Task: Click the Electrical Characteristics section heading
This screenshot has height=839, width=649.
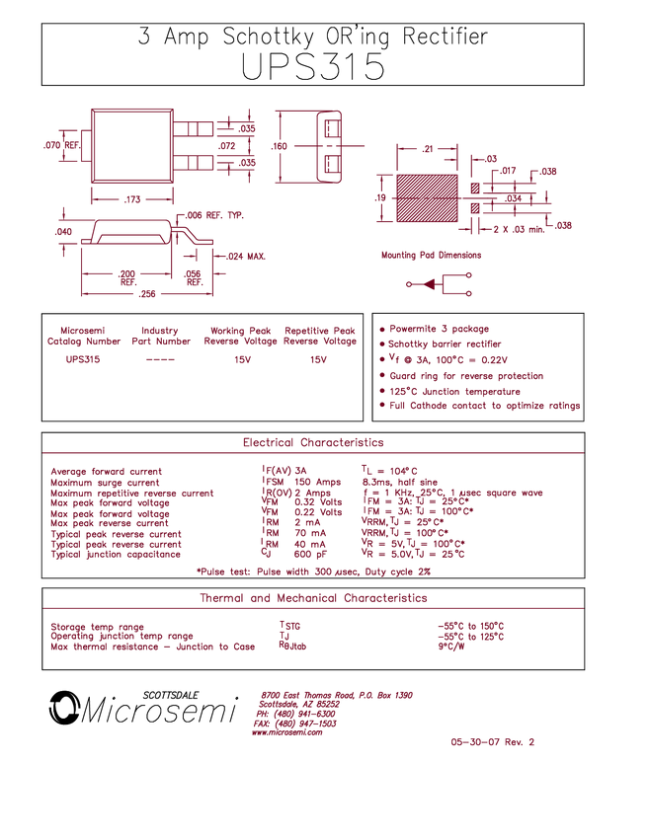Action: point(314,443)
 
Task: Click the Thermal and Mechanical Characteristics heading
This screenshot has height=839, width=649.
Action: point(314,598)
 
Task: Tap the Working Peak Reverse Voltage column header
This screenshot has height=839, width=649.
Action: point(236,336)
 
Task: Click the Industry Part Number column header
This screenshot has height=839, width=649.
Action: point(159,336)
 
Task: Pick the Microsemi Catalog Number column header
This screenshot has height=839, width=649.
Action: point(84,336)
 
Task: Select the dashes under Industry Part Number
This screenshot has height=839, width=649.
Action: point(159,360)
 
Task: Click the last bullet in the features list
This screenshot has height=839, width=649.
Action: point(483,406)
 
